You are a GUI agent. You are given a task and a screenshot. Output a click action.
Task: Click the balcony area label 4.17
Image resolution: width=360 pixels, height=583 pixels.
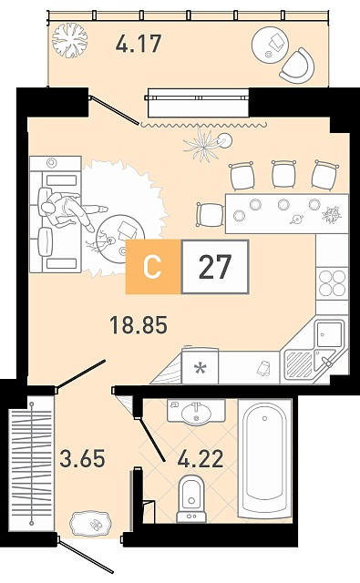pos(139,43)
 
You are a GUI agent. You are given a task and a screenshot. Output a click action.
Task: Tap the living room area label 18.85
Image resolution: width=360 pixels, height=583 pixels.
pos(139,324)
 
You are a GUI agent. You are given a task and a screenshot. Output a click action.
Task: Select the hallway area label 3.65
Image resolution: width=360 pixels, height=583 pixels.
pos(83,457)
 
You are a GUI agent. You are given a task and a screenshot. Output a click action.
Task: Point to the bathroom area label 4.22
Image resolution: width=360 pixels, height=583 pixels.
pos(201,458)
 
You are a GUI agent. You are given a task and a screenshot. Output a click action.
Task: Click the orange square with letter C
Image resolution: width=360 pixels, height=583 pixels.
pos(153,267)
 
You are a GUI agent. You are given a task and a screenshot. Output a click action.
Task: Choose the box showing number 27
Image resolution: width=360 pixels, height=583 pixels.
pos(215,267)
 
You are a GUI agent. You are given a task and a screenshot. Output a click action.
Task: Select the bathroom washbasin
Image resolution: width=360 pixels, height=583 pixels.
pos(196,412)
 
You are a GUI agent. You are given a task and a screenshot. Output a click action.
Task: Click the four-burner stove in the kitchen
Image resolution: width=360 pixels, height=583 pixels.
pos(333,283)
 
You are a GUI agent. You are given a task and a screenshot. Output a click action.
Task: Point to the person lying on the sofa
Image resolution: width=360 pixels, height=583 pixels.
pos(71,210)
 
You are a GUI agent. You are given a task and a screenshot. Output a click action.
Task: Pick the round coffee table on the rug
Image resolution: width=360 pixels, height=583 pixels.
pos(120,239)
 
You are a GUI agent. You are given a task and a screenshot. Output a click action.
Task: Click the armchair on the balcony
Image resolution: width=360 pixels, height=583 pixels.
pos(297,66)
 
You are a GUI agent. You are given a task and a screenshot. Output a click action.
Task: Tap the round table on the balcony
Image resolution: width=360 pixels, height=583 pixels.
pos(270,45)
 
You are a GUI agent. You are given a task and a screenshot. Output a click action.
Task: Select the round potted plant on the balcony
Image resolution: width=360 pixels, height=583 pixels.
pos(69,40)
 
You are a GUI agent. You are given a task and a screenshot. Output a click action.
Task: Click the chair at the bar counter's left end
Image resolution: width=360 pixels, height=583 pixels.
pos(210,215)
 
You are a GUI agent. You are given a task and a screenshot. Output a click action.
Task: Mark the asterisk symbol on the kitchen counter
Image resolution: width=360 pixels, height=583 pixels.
pos(201,368)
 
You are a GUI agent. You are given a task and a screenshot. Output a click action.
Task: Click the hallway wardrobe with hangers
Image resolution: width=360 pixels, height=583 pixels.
pos(32,464)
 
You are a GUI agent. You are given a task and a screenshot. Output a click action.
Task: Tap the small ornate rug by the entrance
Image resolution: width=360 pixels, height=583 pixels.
pos(90,524)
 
